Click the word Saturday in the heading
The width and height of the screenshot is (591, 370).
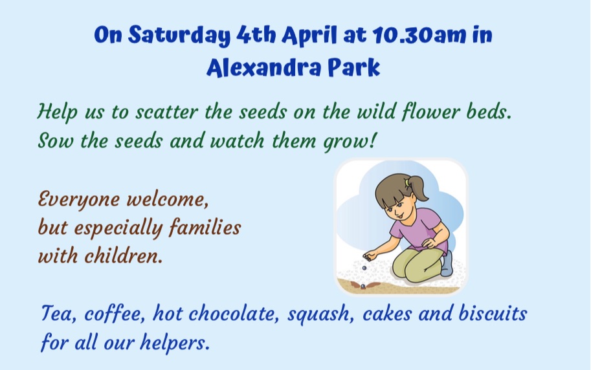click(x=179, y=35)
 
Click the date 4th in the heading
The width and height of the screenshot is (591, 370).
click(x=256, y=35)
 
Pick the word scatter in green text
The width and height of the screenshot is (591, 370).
click(x=166, y=112)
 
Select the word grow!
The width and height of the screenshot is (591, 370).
click(x=350, y=141)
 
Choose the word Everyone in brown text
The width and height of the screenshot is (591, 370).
click(x=78, y=199)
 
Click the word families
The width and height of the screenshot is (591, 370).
click(x=205, y=227)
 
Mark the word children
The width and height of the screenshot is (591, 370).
click(x=124, y=256)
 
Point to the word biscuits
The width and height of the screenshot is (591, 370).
click(x=493, y=314)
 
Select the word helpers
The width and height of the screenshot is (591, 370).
click(x=175, y=342)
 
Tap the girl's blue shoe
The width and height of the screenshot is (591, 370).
click(x=447, y=263)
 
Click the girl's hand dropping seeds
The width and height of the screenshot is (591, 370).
click(x=370, y=256)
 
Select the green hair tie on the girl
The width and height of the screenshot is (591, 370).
click(x=407, y=183)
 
